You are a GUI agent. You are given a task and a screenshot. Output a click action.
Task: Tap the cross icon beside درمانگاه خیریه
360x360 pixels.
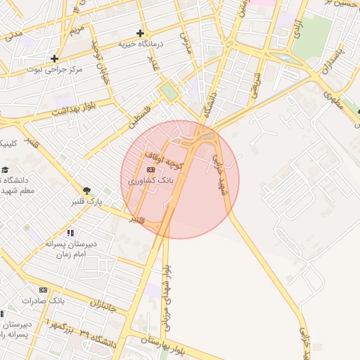[x=140, y=32]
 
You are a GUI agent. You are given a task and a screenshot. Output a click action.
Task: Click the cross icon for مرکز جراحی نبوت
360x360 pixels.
[x=54, y=58]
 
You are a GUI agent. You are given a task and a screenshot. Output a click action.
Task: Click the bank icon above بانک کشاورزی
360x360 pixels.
[x=150, y=169]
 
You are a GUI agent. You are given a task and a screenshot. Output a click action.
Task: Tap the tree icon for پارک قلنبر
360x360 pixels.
[x=86, y=191]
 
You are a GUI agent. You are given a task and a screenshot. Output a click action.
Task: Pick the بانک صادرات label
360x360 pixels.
[x=43, y=300]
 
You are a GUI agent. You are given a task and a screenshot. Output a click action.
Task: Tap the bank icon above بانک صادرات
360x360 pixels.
[x=43, y=290]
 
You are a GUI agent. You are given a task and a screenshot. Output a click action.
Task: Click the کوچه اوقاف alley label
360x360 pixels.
[x=163, y=160]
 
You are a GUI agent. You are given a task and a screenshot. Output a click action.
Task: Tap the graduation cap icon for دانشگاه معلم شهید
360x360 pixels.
[x=6, y=170]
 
